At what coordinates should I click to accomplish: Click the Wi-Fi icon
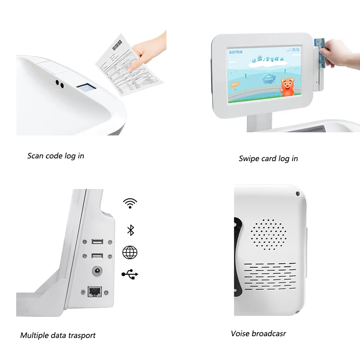point(130,203)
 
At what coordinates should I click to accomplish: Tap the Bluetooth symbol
point(130,230)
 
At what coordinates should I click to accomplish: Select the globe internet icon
point(130,252)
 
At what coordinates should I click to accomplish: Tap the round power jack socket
point(96,271)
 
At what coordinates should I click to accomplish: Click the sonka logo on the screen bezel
point(236,52)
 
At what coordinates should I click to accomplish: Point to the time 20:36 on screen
point(296,49)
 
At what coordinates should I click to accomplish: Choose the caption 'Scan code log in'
point(55,156)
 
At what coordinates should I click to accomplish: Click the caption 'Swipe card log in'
point(268,158)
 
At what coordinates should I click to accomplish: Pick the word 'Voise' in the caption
point(240,333)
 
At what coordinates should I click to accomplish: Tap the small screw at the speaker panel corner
point(297,194)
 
